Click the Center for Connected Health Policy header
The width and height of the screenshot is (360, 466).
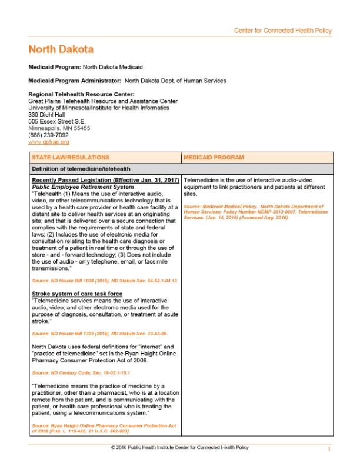click(x=282, y=31)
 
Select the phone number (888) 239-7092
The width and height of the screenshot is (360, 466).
click(x=48, y=135)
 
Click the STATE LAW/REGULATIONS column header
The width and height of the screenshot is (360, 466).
click(x=70, y=158)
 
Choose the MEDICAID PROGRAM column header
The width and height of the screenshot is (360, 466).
click(x=214, y=158)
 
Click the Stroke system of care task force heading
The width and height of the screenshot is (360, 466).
click(x=76, y=293)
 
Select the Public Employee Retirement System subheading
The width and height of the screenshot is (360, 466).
click(x=82, y=187)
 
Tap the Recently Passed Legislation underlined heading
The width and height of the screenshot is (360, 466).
click(x=105, y=179)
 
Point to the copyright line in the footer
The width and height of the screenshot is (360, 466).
click(x=179, y=448)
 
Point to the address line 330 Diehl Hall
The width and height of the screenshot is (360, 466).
click(x=46, y=114)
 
